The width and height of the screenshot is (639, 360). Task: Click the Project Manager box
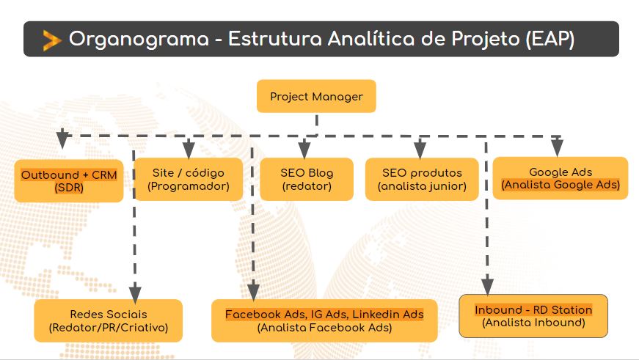[316, 96]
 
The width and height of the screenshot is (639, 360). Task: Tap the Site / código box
[188, 180]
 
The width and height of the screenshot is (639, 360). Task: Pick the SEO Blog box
[307, 180]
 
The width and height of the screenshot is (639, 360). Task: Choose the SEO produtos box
[422, 180]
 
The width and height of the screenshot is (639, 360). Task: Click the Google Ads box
[561, 178]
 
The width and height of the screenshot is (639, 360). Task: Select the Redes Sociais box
[109, 320]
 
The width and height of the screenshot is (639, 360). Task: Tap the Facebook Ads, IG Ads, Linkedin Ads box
[324, 320]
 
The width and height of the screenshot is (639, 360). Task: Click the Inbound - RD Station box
[533, 315]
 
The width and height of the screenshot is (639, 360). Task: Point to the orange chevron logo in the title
[51, 40]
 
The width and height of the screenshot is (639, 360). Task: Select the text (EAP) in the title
[550, 40]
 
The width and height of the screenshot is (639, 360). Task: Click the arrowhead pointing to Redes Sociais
[135, 290]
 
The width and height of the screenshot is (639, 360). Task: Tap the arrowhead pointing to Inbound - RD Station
[486, 284]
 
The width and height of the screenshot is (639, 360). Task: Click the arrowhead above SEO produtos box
[420, 150]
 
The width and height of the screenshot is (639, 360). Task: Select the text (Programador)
[189, 186]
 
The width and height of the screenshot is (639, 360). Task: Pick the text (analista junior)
[422, 186]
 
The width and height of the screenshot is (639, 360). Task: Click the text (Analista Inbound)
[533, 322]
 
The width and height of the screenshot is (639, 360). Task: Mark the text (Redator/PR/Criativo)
[109, 327]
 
